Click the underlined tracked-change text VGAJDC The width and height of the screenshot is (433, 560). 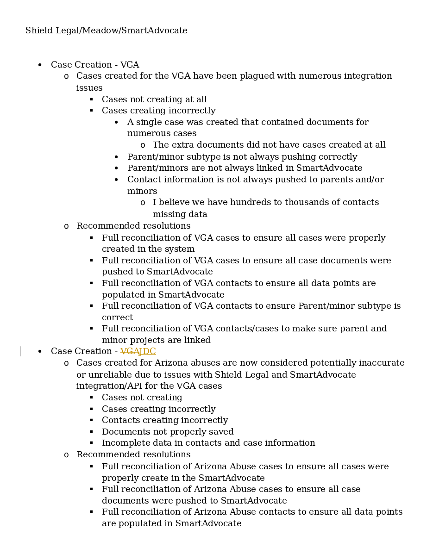[138, 351]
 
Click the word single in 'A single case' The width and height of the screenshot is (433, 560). [149, 122]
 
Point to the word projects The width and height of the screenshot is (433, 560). [146, 340]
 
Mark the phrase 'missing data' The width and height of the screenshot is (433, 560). [180, 214]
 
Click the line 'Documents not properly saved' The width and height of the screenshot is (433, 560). [168, 432]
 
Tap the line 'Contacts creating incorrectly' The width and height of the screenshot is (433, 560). [165, 420]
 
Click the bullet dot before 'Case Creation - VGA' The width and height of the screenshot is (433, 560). [40, 65]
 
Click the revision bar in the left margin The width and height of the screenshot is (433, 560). [20, 351]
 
